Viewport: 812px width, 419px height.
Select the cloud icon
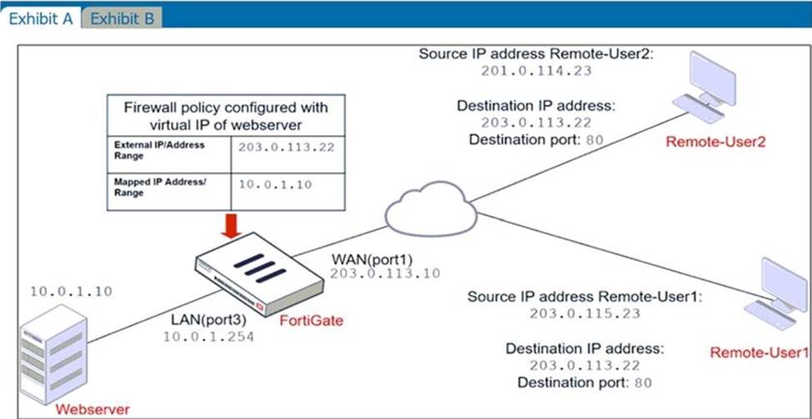click(x=430, y=208)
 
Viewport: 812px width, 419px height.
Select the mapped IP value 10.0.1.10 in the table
click(x=274, y=184)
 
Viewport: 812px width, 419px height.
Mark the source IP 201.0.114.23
click(x=536, y=71)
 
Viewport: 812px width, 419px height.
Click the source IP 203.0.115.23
click(x=584, y=313)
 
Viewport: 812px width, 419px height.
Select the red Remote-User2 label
click(x=715, y=142)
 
